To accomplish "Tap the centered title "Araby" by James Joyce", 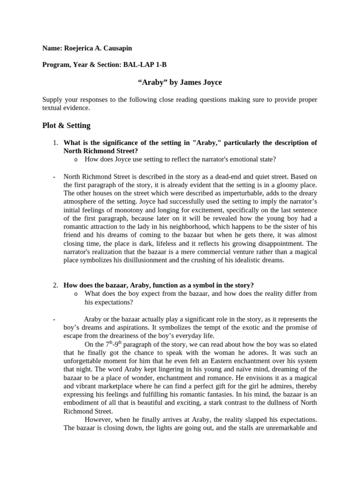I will tap(180, 82).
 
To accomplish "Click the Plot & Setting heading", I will tap(66, 126).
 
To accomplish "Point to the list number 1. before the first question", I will tap(55, 142).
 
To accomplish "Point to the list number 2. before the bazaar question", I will tap(55, 285).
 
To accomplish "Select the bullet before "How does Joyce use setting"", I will tap(75, 159).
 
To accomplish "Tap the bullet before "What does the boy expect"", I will tap(75, 293).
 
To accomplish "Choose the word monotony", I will tap(122, 210).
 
